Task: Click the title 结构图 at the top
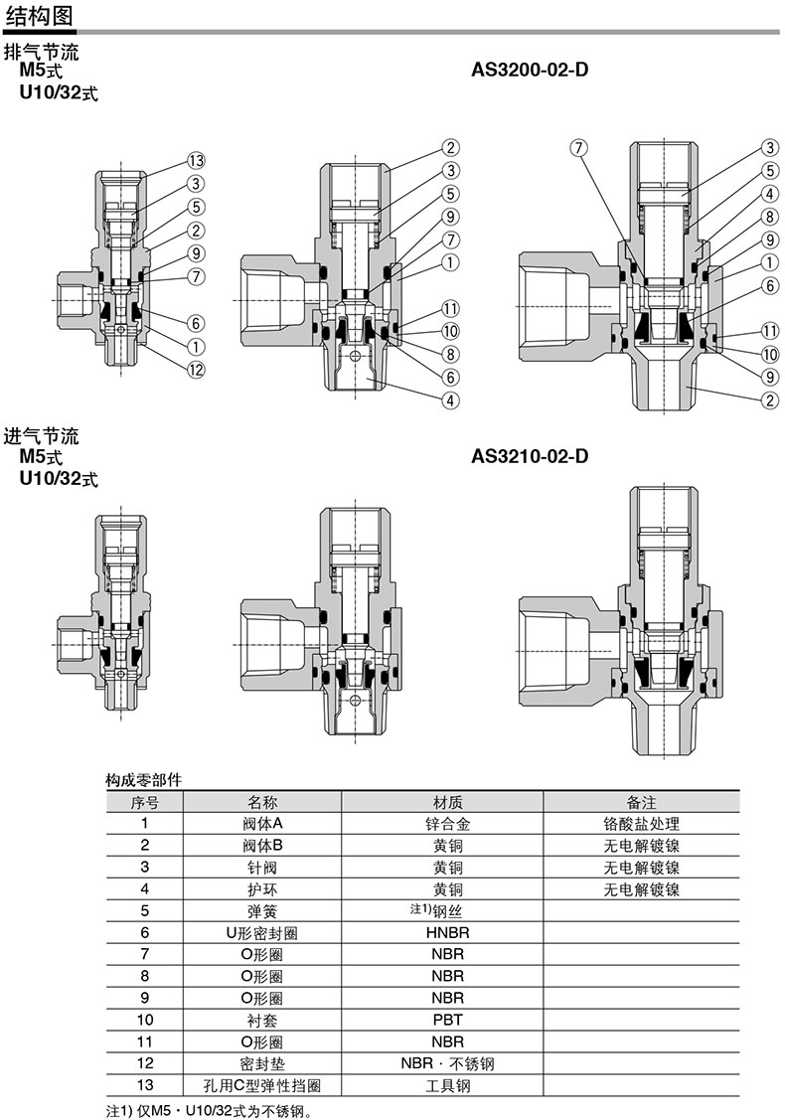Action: point(39,15)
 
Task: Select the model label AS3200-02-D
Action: point(530,70)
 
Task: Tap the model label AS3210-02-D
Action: point(530,456)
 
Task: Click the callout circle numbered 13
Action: point(196,161)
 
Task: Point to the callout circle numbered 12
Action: point(196,370)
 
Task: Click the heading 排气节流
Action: point(42,52)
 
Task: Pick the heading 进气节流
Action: point(42,436)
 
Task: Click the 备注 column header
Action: point(641,802)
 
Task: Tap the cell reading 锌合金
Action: point(448,824)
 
